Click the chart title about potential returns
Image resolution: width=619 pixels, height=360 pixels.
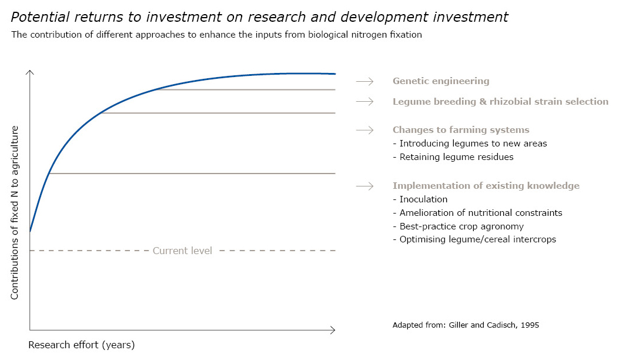click(259, 17)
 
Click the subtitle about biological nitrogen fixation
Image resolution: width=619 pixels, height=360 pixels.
click(216, 34)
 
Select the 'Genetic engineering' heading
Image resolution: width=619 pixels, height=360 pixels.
click(441, 81)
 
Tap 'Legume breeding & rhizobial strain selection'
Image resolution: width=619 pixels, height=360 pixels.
click(500, 102)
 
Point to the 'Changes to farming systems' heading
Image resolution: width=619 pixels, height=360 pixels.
click(461, 130)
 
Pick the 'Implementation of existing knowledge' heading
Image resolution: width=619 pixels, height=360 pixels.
click(486, 186)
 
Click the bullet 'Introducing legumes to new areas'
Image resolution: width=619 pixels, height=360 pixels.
click(470, 144)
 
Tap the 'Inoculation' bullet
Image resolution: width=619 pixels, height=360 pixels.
click(420, 199)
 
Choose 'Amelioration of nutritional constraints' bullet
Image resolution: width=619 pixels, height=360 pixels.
click(477, 213)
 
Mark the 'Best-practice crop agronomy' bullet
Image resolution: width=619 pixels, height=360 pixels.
click(458, 226)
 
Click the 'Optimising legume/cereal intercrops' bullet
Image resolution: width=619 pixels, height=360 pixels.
click(474, 239)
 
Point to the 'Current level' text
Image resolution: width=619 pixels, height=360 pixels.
click(182, 251)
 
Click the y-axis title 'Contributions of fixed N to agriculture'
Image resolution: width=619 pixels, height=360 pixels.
click(15, 212)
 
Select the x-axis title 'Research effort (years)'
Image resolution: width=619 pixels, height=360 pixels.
click(82, 345)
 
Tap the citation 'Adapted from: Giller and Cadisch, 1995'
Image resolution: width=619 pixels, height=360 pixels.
click(466, 325)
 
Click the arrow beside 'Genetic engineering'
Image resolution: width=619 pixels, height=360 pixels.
click(365, 81)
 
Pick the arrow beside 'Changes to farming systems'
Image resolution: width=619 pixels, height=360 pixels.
click(365, 130)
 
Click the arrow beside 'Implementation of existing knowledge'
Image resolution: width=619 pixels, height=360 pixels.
click(365, 186)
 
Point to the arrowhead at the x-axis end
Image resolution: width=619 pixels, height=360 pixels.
click(333, 330)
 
